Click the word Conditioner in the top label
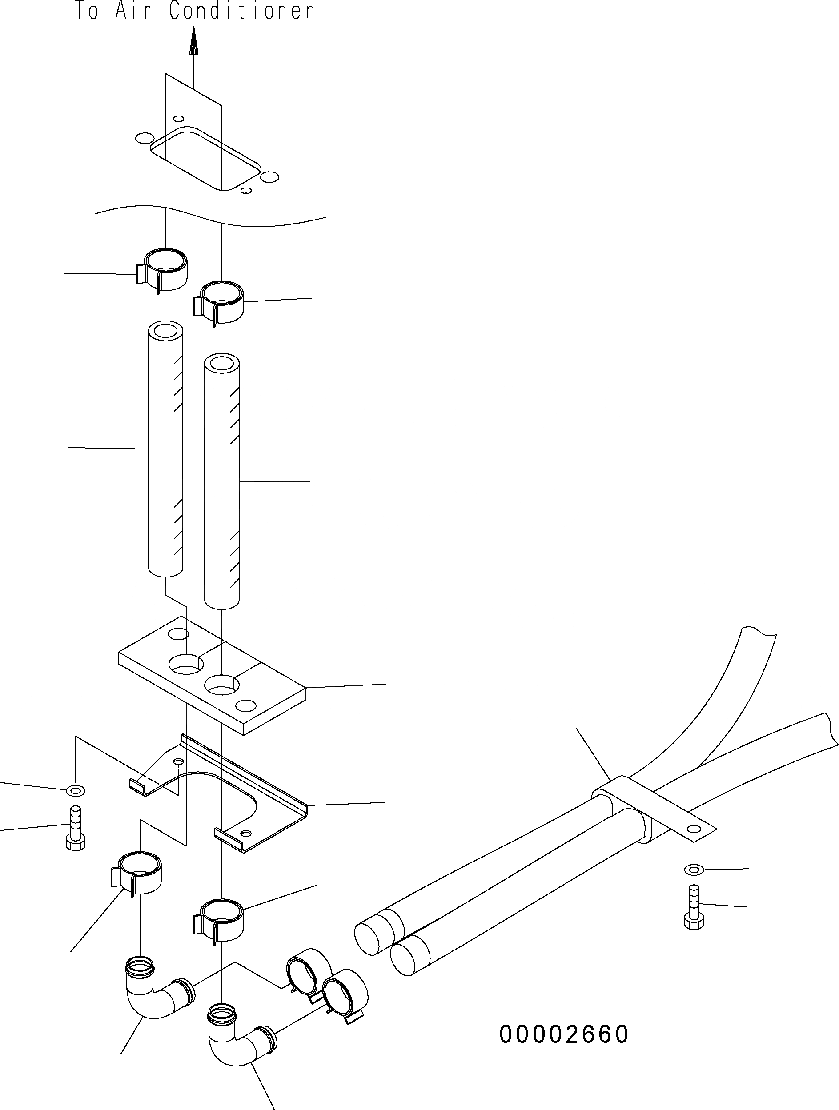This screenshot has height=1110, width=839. (x=241, y=11)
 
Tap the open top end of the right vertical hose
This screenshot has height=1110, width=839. (x=222, y=363)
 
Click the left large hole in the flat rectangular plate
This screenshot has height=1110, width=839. (x=186, y=665)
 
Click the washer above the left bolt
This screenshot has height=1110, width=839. (x=76, y=791)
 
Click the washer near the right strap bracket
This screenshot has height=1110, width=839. (x=694, y=868)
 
